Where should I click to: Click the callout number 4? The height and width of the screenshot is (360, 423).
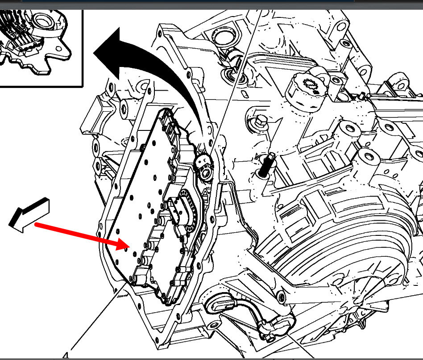pos(66,356)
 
